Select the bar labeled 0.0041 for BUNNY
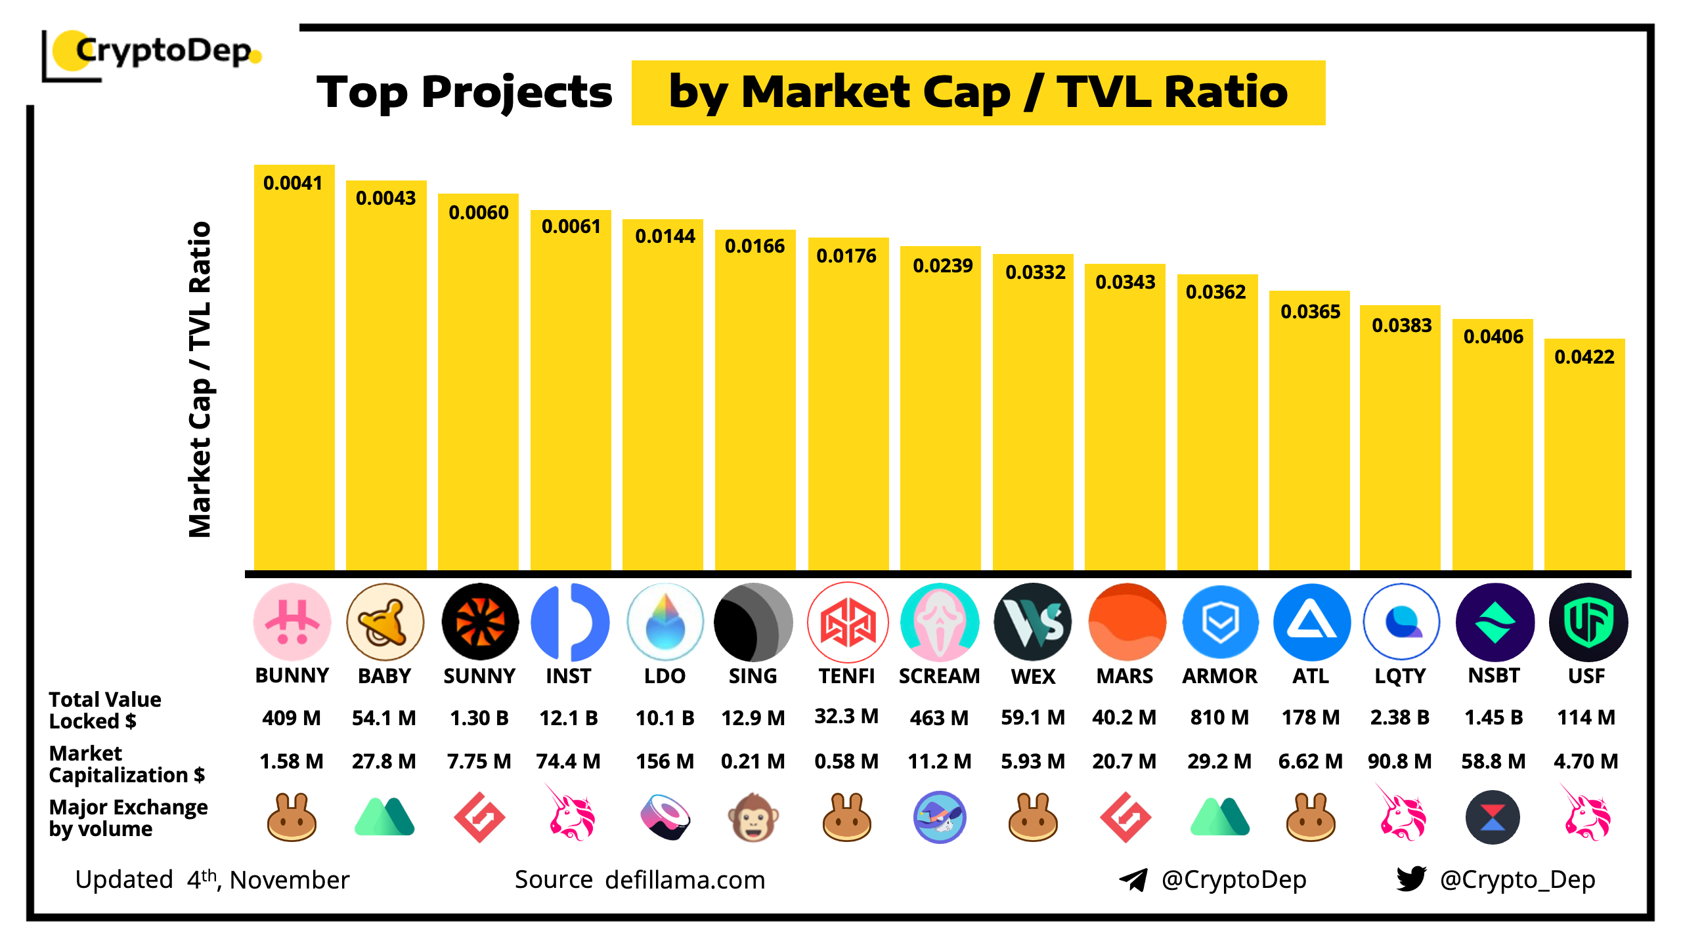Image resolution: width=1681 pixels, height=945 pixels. coord(294,367)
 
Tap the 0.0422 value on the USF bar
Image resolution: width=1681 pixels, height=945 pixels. coord(1584,357)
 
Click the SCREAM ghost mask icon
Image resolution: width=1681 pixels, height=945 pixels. coord(940,621)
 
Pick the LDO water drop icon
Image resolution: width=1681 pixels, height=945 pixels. coord(665,621)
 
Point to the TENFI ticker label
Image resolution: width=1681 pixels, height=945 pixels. coord(846,676)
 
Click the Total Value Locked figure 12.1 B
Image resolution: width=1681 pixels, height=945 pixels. coord(569,717)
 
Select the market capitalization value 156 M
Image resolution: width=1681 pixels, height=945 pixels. coord(665,761)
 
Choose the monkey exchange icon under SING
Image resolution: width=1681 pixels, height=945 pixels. coord(753,818)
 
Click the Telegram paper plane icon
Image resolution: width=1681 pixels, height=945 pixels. coord(1133,880)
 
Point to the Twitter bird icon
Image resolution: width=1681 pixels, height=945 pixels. coord(1411,879)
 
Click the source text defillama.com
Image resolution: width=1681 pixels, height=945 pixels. coord(685,880)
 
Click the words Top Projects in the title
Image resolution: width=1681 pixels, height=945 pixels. coord(464,92)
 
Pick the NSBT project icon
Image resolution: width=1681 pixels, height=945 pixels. coord(1495,621)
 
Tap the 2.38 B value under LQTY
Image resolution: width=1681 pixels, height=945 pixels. coord(1400,717)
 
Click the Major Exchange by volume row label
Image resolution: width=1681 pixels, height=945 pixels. coord(128,818)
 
